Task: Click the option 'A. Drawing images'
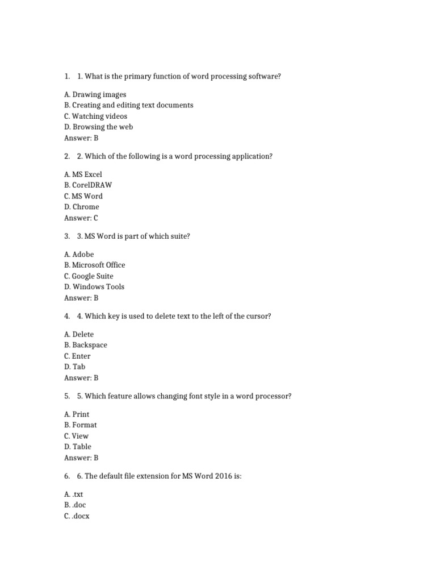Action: tap(95, 94)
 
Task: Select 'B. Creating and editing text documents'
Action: tap(128, 105)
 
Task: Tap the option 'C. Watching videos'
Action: tap(95, 116)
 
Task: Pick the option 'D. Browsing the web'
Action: tap(98, 127)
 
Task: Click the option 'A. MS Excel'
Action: tap(83, 174)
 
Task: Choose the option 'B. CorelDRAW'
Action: tap(87, 185)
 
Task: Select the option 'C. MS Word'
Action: tap(83, 196)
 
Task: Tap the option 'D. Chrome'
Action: tap(81, 207)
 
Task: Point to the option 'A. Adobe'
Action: tap(79, 254)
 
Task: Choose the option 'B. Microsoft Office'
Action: tap(94, 265)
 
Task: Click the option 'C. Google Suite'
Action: tap(89, 276)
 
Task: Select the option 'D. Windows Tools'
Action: tap(94, 286)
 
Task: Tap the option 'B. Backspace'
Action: tap(85, 345)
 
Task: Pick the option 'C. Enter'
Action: tap(77, 356)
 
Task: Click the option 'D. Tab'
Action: tap(74, 367)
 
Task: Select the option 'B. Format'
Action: tap(80, 425)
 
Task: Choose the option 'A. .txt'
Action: tap(73, 494)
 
